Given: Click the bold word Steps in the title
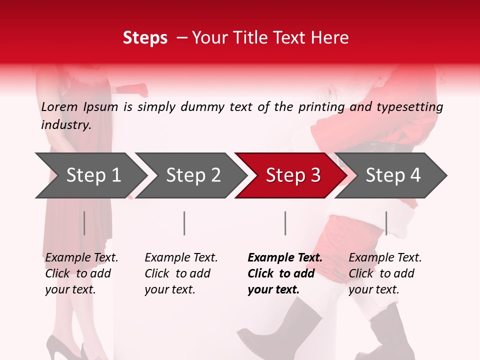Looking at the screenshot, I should coord(145,38).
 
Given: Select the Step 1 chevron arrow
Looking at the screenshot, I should coord(93,175).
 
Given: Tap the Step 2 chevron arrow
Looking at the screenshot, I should coord(193,175).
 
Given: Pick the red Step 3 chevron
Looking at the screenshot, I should coord(293,175).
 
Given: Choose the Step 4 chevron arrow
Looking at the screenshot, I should coord(393,175).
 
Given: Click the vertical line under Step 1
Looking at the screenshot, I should coord(84,223).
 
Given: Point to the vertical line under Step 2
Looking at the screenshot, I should coord(184,223).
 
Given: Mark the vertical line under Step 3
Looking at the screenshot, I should coord(285,223).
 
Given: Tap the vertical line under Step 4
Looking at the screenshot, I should coord(386,223).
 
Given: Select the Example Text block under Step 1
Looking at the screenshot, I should coord(81,273).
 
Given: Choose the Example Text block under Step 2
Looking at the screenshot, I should coord(181,273).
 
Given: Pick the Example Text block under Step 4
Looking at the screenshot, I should coord(385,273).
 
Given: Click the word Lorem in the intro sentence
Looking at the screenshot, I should coord(59,107).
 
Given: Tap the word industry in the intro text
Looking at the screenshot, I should coord(65,125).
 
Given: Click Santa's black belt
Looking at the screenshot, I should coord(390,148).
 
